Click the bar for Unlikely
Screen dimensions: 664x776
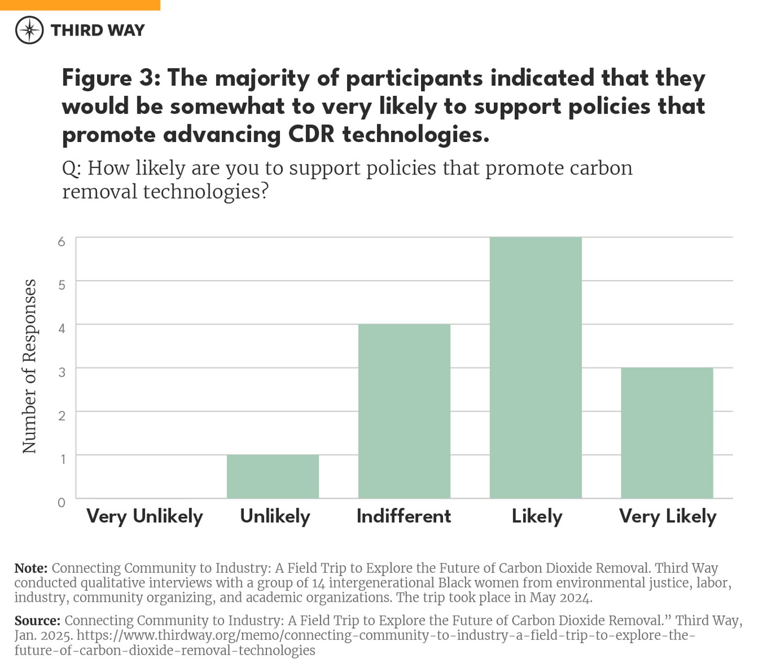coord(273,476)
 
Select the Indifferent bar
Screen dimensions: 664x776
coord(404,411)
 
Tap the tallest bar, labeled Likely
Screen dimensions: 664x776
coord(535,367)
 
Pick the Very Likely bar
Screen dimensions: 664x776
coord(667,433)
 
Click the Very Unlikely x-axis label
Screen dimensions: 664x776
coord(145,517)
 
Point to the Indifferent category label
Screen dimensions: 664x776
coord(404,517)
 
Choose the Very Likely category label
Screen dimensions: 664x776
coord(667,517)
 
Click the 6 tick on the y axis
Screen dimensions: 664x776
coord(62,242)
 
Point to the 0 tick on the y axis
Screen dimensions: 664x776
coord(62,503)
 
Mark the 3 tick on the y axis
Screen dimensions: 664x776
coord(62,372)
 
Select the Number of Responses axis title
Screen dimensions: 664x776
coord(29,366)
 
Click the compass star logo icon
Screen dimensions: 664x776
coord(29,30)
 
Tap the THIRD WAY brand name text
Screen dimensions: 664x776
coord(98,30)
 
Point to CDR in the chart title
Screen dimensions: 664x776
coord(311,135)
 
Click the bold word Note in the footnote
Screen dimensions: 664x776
coord(30,569)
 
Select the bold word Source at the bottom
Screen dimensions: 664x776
coord(37,621)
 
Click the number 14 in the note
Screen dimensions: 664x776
coord(319,583)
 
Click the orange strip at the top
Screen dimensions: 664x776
coord(80,5)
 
